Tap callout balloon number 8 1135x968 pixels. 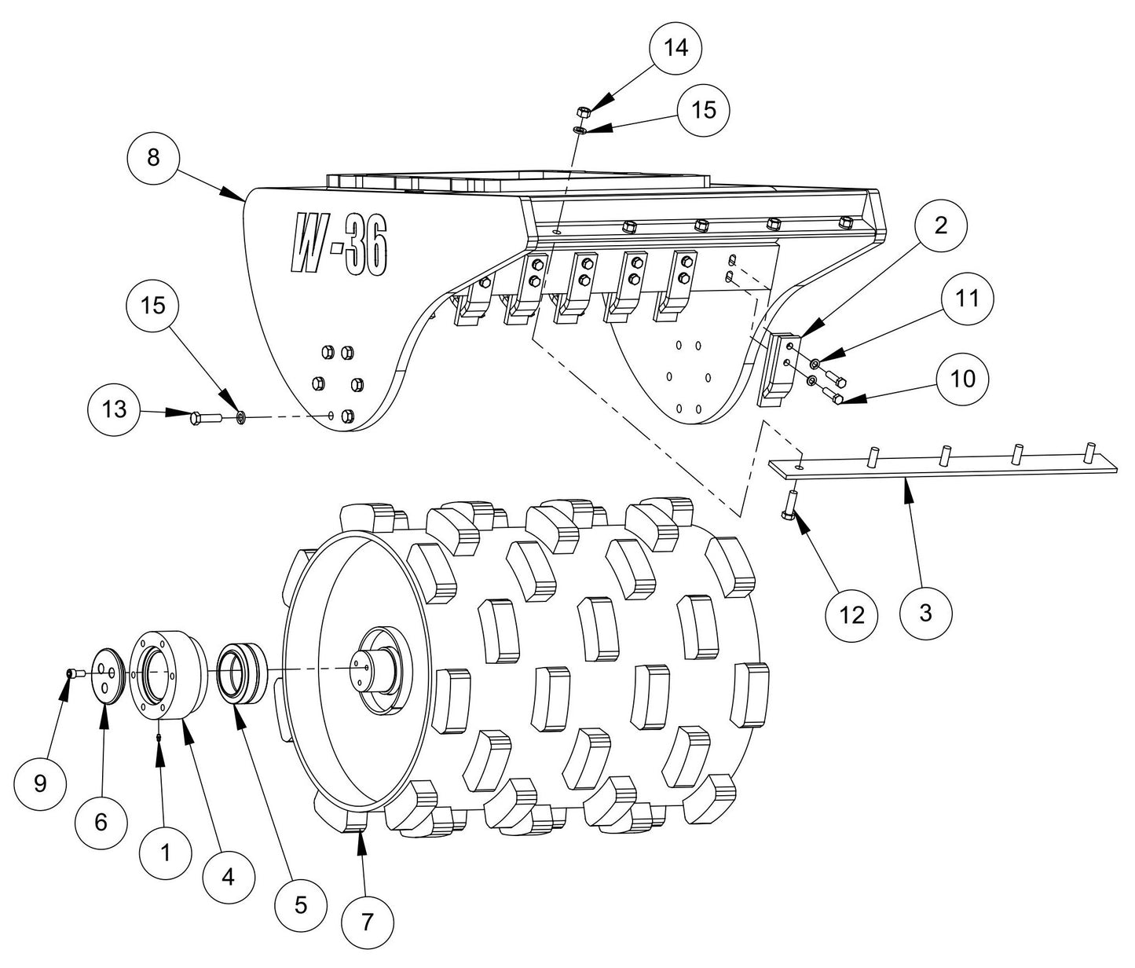(154, 157)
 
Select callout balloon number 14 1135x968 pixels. (676, 48)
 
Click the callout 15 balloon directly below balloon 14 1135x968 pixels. (704, 110)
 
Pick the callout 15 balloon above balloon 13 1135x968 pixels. (154, 305)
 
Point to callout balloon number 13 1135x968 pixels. (115, 409)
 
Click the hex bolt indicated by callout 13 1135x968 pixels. (202, 418)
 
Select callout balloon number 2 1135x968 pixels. (940, 226)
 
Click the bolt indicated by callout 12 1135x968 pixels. (789, 503)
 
